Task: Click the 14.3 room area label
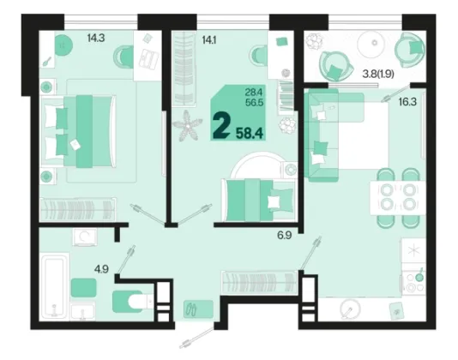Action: (x=96, y=39)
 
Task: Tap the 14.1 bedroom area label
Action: (x=209, y=39)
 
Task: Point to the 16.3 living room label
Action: (x=407, y=102)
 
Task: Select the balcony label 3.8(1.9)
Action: (x=378, y=75)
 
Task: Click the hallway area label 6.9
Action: (x=285, y=236)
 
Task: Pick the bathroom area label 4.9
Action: (x=101, y=269)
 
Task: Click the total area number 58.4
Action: (x=250, y=133)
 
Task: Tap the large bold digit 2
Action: (x=220, y=126)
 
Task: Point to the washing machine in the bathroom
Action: (x=84, y=237)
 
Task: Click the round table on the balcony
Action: (x=374, y=44)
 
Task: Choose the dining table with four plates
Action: (x=398, y=198)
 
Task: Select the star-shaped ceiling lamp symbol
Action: (x=187, y=126)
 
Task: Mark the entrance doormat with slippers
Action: (x=198, y=309)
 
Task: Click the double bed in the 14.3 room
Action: (x=78, y=131)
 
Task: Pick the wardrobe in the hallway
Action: (x=259, y=283)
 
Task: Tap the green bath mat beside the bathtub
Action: (x=83, y=288)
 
